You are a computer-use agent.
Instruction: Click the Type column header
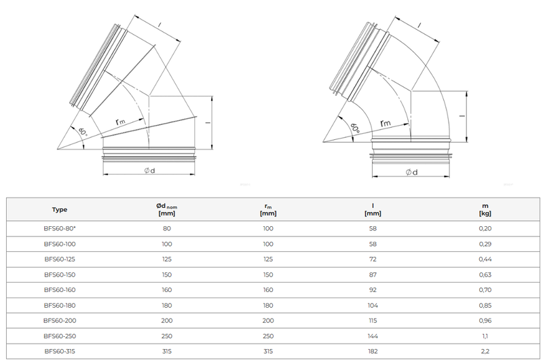click(60, 209)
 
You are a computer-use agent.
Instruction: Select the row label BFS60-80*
click(60, 228)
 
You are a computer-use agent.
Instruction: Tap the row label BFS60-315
click(60, 351)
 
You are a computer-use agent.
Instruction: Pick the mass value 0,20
click(485, 228)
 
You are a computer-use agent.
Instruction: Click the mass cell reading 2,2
click(485, 351)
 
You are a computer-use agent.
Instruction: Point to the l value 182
click(372, 351)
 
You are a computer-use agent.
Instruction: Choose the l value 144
click(372, 336)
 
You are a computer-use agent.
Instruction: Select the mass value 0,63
click(485, 274)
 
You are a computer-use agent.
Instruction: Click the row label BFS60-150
click(60, 274)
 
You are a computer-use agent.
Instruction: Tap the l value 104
click(372, 305)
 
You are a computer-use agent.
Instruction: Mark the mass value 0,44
click(485, 259)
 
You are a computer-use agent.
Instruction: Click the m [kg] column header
click(485, 209)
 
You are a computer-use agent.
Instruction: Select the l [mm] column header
click(372, 209)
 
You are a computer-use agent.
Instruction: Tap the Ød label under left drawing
click(149, 170)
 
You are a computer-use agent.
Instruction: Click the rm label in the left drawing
click(120, 122)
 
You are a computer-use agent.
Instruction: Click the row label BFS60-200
click(60, 321)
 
